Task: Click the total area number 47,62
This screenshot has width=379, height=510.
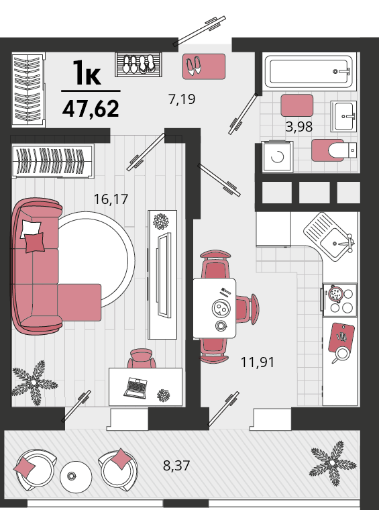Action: [x=91, y=109]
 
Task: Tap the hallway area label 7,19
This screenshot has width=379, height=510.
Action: [x=182, y=99]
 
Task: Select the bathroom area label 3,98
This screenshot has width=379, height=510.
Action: [x=299, y=127]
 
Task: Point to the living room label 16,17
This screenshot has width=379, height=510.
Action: [x=111, y=199]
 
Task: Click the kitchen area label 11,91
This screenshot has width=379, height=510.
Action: [x=258, y=362]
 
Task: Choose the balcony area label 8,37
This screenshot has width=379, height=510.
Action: [x=176, y=466]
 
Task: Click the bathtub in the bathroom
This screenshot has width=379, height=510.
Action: [x=309, y=72]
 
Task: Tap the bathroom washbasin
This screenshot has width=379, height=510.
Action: [x=344, y=116]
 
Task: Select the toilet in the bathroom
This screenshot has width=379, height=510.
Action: [x=342, y=150]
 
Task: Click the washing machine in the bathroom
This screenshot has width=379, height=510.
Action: [x=278, y=156]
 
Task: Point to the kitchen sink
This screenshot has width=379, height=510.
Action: [x=329, y=236]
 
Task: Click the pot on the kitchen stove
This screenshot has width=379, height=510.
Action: [x=336, y=294]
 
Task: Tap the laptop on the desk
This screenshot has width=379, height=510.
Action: [x=136, y=387]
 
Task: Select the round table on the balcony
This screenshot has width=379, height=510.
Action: [x=76, y=477]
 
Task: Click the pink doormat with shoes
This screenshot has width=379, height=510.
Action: [x=204, y=66]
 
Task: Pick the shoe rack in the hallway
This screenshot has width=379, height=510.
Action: [x=138, y=64]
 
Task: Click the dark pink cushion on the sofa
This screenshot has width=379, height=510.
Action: [x=35, y=242]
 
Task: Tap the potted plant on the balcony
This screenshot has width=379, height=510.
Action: [x=332, y=463]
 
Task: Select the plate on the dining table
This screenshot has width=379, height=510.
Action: [x=221, y=307]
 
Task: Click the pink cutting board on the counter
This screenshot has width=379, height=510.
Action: [x=341, y=338]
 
